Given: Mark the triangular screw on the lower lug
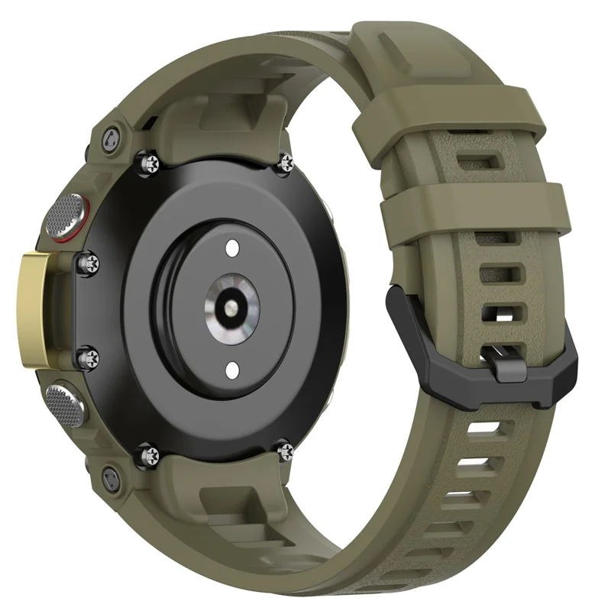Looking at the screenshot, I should (x=108, y=480).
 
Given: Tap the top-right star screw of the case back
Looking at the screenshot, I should (x=286, y=160).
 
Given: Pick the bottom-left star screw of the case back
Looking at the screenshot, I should (x=143, y=457).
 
